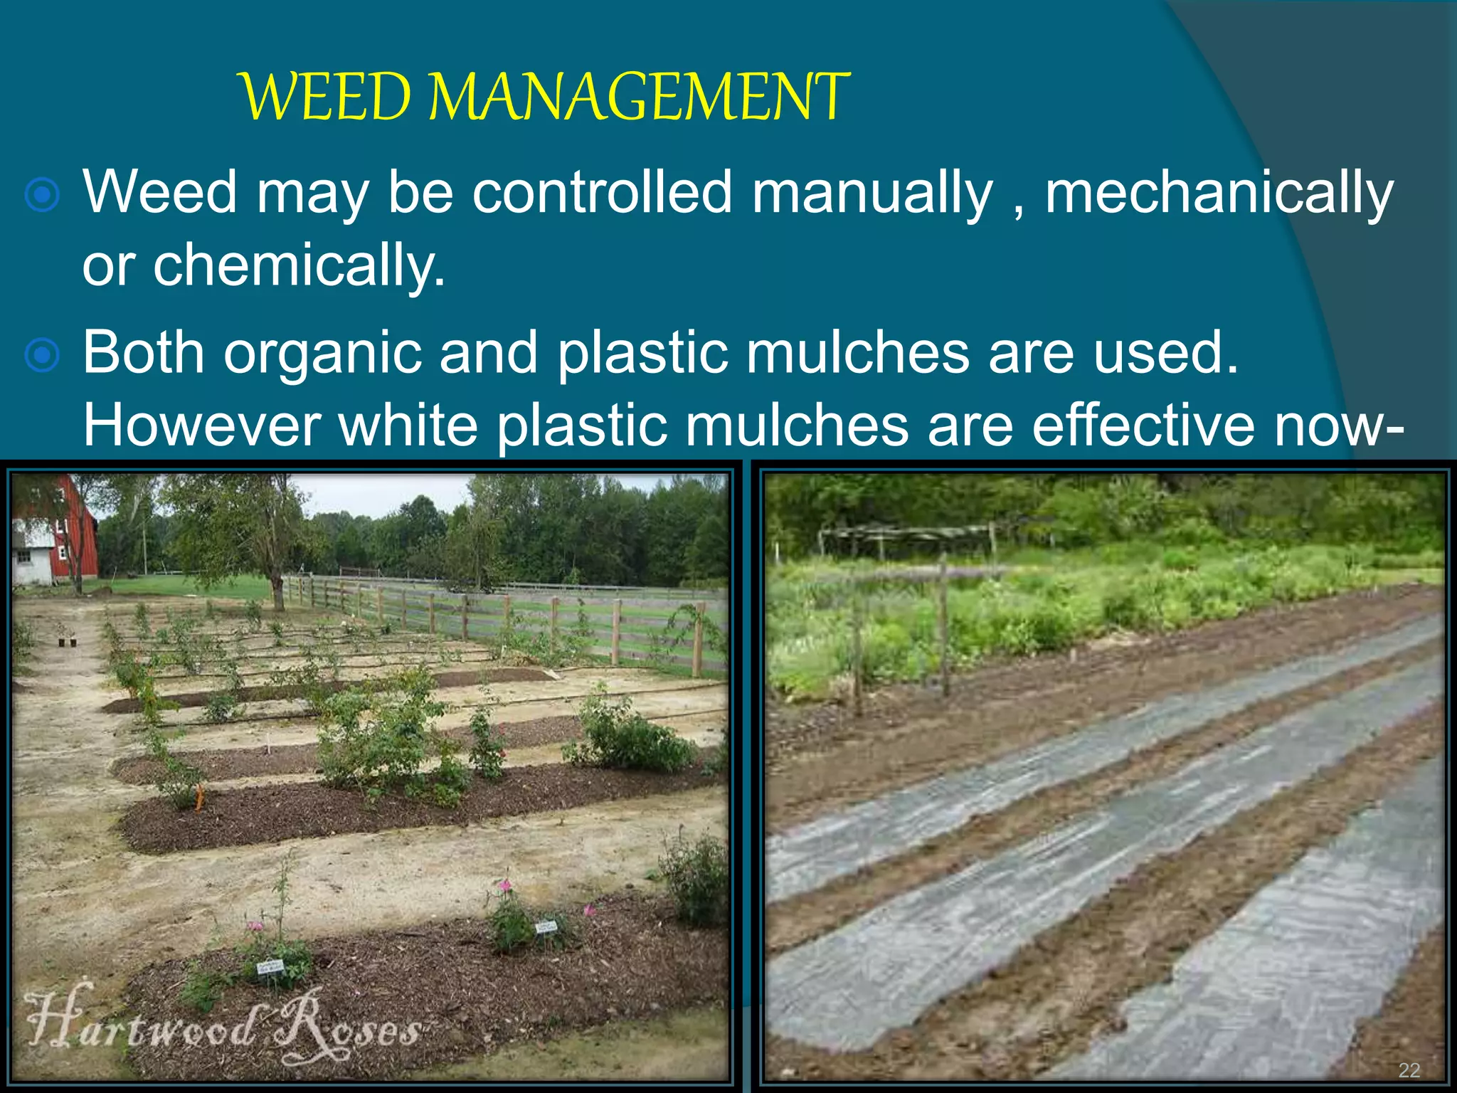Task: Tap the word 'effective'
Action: pos(1144,425)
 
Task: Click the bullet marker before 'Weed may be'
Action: pos(42,195)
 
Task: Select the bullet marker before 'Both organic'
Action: pos(42,355)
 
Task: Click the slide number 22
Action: pos(1409,1070)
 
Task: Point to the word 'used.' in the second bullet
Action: pos(1165,354)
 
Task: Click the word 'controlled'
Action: pos(602,192)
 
